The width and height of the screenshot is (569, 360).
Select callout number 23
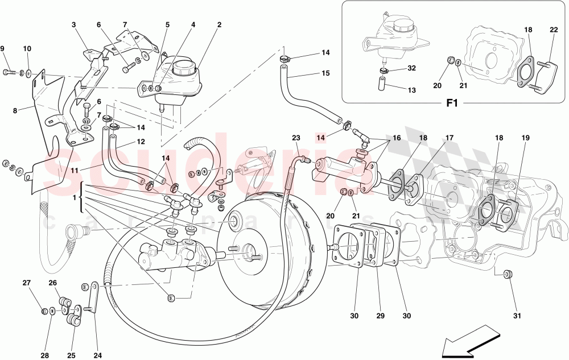point(296,137)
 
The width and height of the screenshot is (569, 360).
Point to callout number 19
point(526,137)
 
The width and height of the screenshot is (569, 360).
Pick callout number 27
point(27,283)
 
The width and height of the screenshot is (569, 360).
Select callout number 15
point(325,73)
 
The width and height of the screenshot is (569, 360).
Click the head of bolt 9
point(7,72)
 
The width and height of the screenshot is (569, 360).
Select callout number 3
point(73,25)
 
